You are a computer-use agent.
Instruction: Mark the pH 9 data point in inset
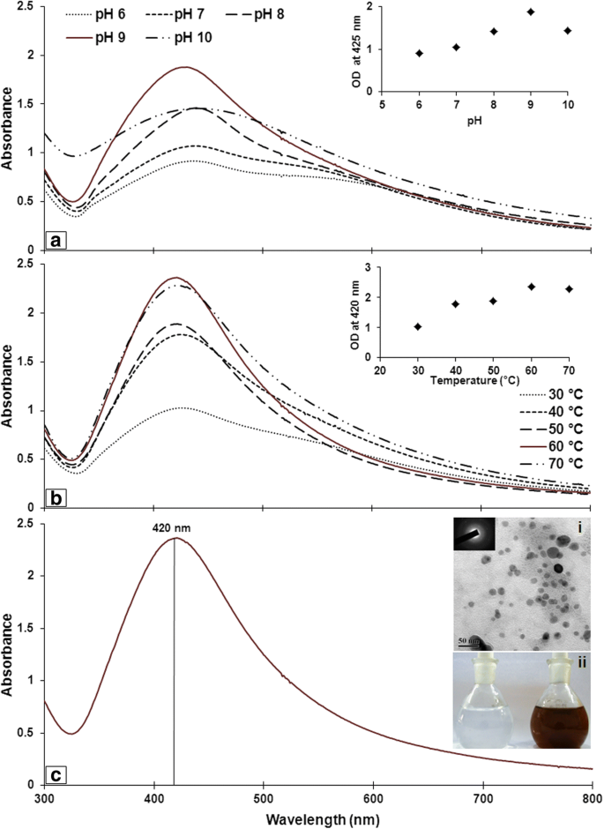tap(531, 11)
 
